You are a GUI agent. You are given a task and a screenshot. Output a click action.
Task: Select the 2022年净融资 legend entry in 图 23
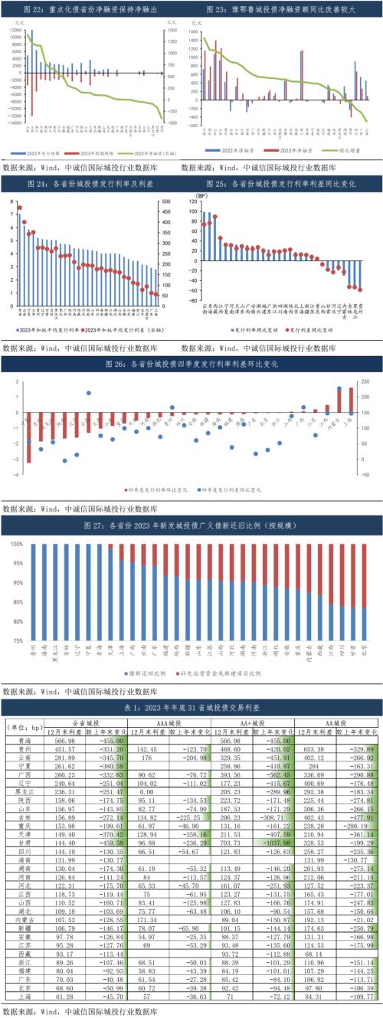[x=228, y=151]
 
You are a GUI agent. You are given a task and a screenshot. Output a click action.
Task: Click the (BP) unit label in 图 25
[x=202, y=197]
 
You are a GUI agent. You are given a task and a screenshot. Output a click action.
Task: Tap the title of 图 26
[x=191, y=365]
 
